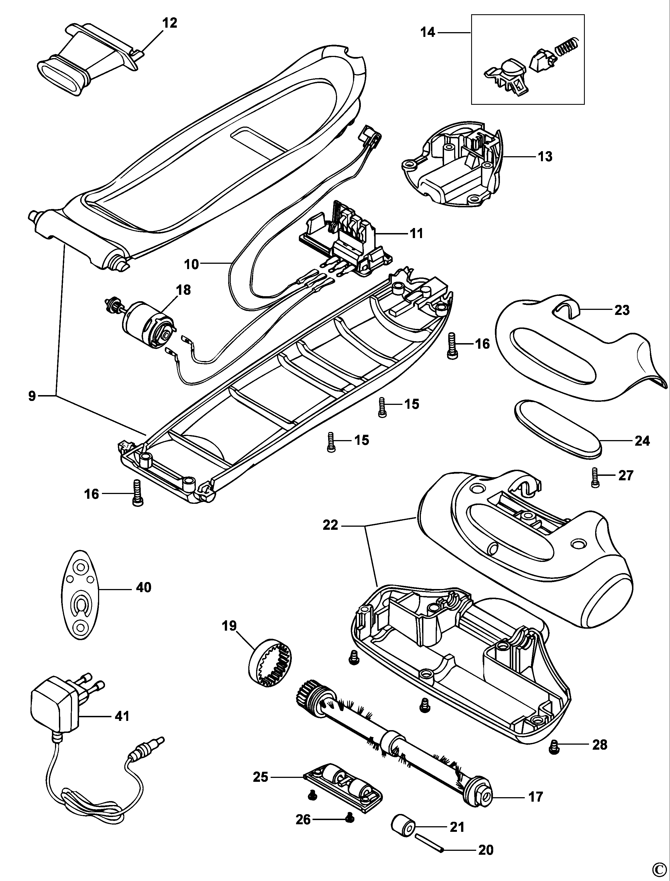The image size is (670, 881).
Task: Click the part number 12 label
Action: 170,23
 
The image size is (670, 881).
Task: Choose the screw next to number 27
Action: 595,478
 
